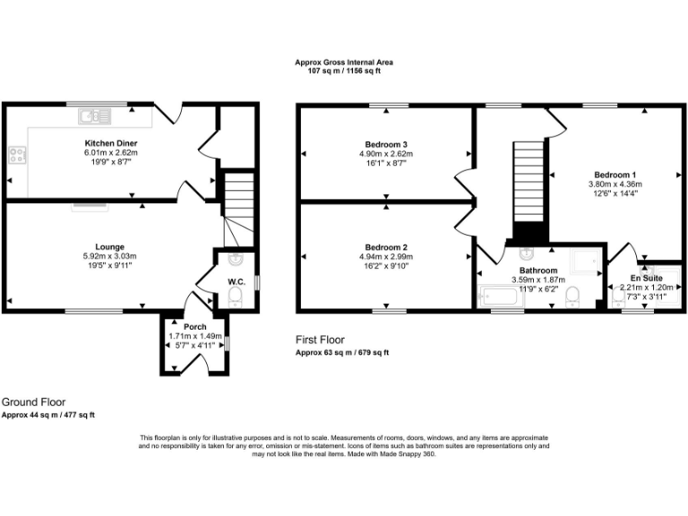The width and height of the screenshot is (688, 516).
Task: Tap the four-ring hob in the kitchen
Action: point(17,156)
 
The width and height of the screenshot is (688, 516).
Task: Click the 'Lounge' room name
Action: point(110,246)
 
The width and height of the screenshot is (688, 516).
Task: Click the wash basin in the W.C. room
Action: point(236,260)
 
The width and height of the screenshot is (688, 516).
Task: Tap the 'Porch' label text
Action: point(195,327)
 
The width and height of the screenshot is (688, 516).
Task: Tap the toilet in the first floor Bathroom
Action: point(572,297)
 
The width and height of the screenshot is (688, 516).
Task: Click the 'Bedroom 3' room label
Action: point(386,144)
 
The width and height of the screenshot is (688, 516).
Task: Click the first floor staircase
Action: point(528,188)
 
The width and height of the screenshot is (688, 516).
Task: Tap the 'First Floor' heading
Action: point(320,340)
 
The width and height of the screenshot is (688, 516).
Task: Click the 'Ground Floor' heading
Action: point(33,402)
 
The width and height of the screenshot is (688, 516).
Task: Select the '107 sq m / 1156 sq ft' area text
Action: point(344,70)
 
